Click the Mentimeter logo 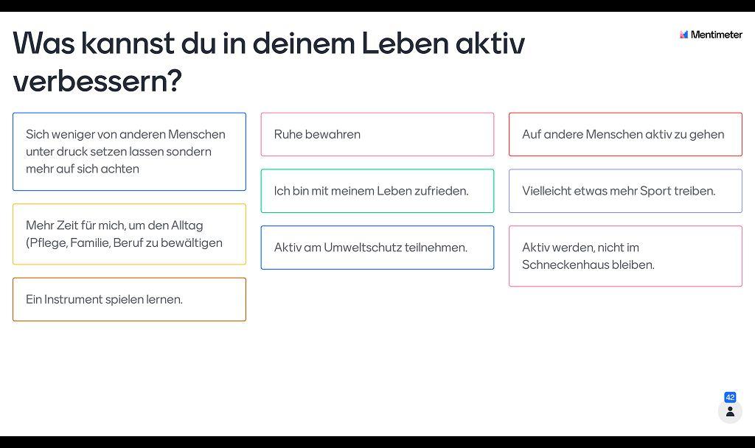coord(711,35)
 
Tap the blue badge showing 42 coord(730,397)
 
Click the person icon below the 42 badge coord(730,412)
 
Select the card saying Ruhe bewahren coord(377,134)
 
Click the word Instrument coord(73,299)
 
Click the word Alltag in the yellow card coord(187,225)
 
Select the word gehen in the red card coord(707,135)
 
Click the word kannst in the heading coord(127,43)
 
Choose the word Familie coord(90,243)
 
